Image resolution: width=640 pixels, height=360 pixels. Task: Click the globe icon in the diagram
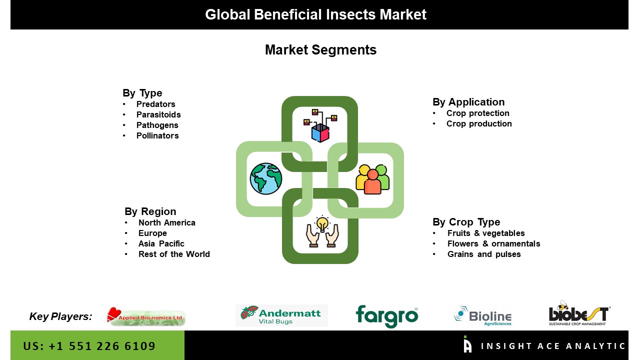coord(266,178)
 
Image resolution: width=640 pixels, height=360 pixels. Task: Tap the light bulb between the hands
coord(322,223)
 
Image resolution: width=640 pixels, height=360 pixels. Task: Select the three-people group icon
coord(372,179)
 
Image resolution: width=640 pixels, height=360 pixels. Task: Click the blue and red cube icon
coord(320,132)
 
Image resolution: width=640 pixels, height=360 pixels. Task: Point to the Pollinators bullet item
coord(157,135)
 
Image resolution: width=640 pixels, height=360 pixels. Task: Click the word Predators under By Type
coord(155,104)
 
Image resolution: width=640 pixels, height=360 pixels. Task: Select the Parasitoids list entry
coord(158,114)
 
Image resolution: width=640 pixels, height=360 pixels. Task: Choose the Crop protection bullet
coord(477,113)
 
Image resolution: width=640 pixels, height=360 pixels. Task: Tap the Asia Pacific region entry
coord(161,243)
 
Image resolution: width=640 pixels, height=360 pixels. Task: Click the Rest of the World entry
coord(174,254)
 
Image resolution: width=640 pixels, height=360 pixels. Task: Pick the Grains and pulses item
coord(483,254)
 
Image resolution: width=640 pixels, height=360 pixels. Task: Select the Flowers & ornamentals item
coord(493,243)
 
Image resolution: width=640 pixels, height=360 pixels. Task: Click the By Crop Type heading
coord(466,222)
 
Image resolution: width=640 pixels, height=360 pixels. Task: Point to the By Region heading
coord(150,211)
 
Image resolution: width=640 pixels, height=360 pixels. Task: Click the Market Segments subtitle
coord(320,50)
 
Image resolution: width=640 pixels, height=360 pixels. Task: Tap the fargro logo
coord(386,316)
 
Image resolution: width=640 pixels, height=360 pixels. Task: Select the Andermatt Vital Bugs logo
coord(281,315)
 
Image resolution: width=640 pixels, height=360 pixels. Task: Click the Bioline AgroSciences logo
coord(482,316)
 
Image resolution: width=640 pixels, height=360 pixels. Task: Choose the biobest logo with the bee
coord(579,314)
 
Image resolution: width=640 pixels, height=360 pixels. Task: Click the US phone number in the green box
coord(89,346)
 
